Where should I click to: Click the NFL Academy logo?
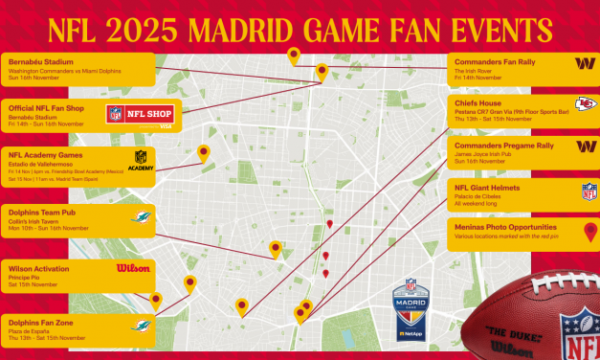141,159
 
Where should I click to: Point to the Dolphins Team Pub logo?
142,217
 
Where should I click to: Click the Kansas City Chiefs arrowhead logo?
586,105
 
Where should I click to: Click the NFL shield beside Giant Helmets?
589,191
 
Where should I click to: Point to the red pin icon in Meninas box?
590,231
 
